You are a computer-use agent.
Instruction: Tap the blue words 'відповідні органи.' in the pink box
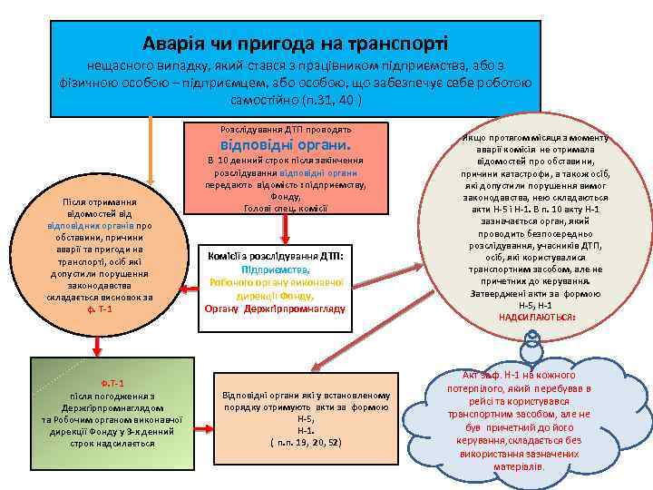[x=285, y=144]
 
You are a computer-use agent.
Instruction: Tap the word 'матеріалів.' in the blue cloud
[x=519, y=466]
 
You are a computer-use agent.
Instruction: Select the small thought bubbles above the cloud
[x=532, y=344]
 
